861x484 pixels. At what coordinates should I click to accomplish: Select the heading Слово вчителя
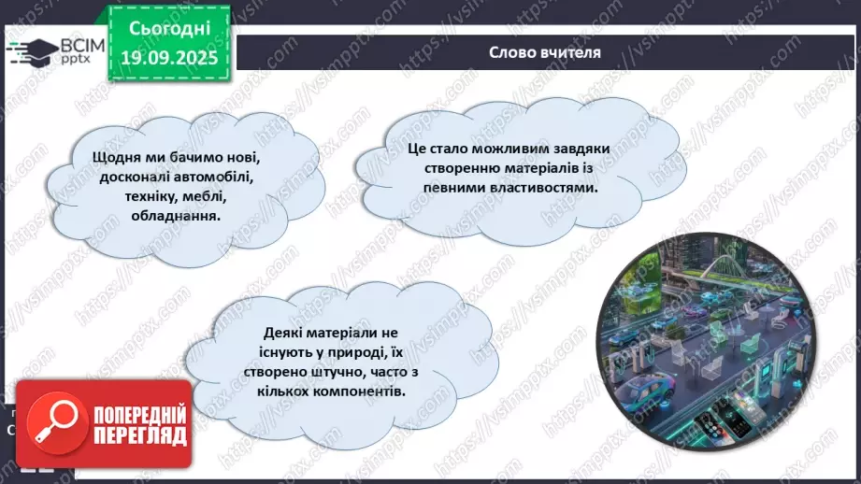(544, 52)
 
